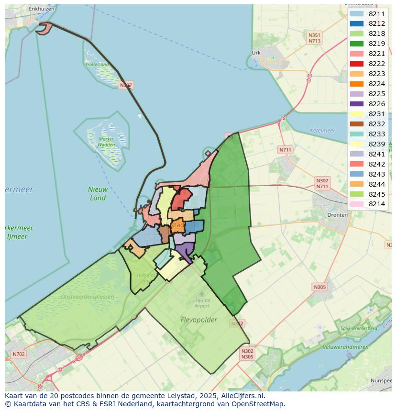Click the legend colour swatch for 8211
point(356,14)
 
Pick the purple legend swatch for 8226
point(356,104)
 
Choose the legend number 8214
point(376,204)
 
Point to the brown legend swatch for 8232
point(356,124)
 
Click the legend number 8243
point(376,174)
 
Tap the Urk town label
point(256,53)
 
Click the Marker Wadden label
point(106,142)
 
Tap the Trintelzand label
point(97,64)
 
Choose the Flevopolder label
point(199,320)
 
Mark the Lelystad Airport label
point(201,303)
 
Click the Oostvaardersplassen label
point(88,297)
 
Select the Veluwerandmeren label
point(345,347)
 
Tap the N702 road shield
point(19,354)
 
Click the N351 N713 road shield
point(314,38)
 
